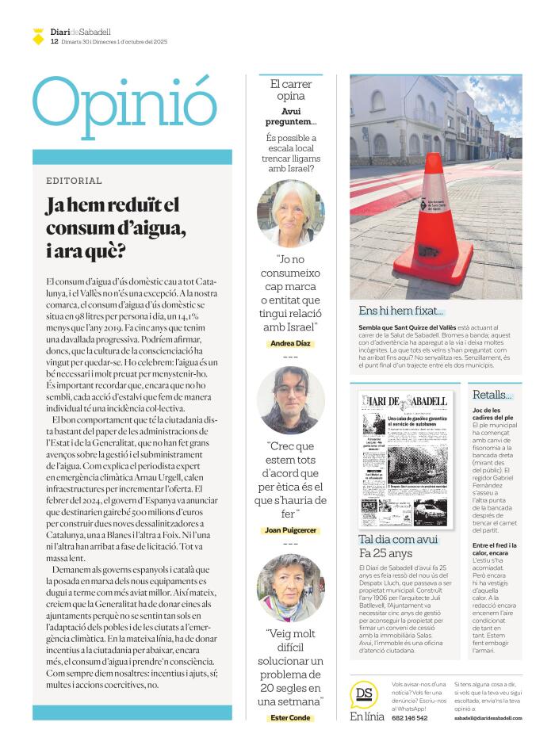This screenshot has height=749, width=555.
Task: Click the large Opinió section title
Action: coord(124,106)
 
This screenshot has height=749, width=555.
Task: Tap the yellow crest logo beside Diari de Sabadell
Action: coord(38,36)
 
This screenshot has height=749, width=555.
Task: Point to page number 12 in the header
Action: coord(54,41)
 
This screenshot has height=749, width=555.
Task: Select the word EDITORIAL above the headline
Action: coord(74,181)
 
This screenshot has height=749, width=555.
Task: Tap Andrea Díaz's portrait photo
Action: coord(291,213)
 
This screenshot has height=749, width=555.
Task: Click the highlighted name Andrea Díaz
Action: coord(291,343)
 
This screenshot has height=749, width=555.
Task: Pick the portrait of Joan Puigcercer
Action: coord(291,399)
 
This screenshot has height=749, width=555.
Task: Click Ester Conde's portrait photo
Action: coord(291,587)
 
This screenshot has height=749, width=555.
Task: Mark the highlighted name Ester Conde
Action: coord(291,718)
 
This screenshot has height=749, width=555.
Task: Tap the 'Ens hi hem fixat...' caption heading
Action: coord(401,311)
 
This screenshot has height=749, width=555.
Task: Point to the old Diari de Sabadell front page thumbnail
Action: coord(408,459)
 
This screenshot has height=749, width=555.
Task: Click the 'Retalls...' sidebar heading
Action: coord(492,395)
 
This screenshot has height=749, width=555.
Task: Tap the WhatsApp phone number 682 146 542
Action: coord(410,718)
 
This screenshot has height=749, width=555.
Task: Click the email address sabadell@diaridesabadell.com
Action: coord(488,718)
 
